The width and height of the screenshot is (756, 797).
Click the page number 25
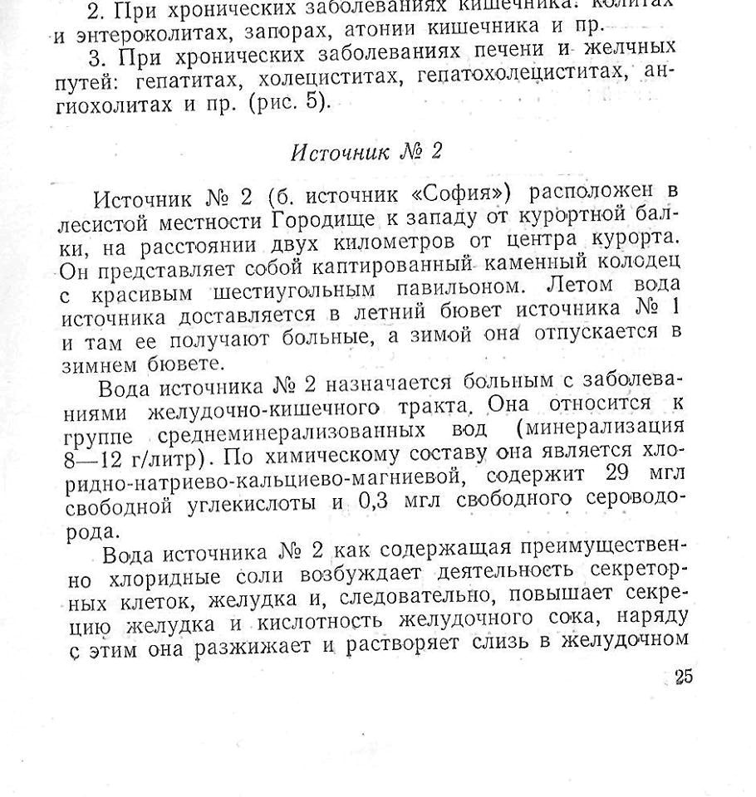[683, 677]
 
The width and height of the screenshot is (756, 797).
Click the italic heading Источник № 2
[366, 153]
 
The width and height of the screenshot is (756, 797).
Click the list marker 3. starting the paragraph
[105, 57]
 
